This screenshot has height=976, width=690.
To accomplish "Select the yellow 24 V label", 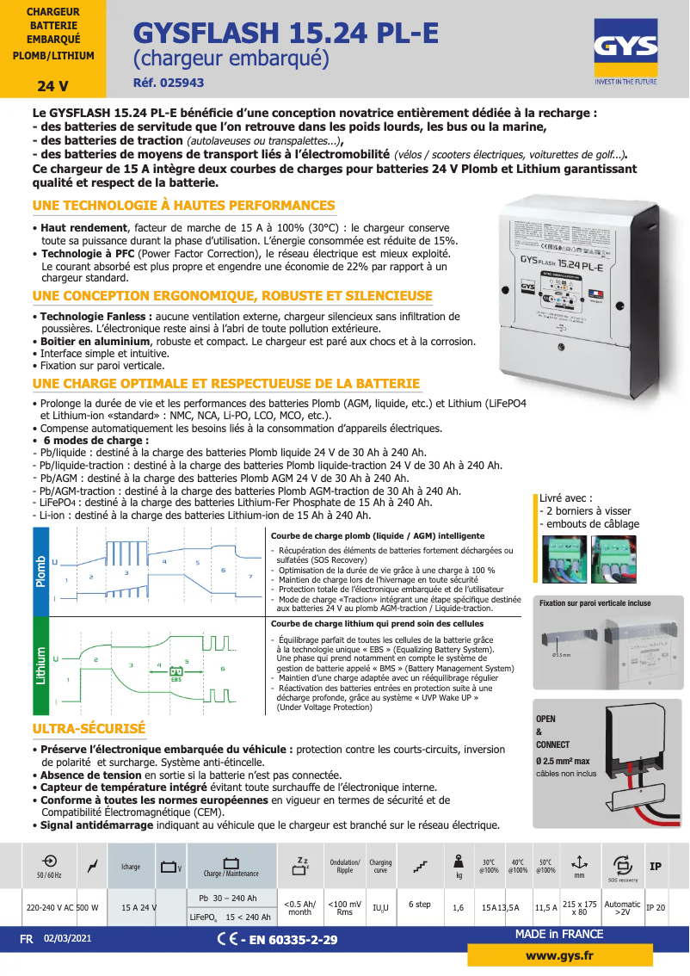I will click(x=52, y=86).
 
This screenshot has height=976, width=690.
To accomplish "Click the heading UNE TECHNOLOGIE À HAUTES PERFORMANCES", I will click(x=183, y=206).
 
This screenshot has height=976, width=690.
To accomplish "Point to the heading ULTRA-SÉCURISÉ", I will click(x=89, y=729).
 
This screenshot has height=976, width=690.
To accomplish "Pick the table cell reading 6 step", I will click(x=420, y=905).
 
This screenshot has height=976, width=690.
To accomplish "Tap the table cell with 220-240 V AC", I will click(x=50, y=906).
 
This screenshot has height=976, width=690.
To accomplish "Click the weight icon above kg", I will click(x=459, y=862).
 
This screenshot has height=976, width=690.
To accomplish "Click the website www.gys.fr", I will click(x=559, y=956).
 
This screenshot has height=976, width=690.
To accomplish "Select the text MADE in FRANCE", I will click(x=559, y=935).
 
